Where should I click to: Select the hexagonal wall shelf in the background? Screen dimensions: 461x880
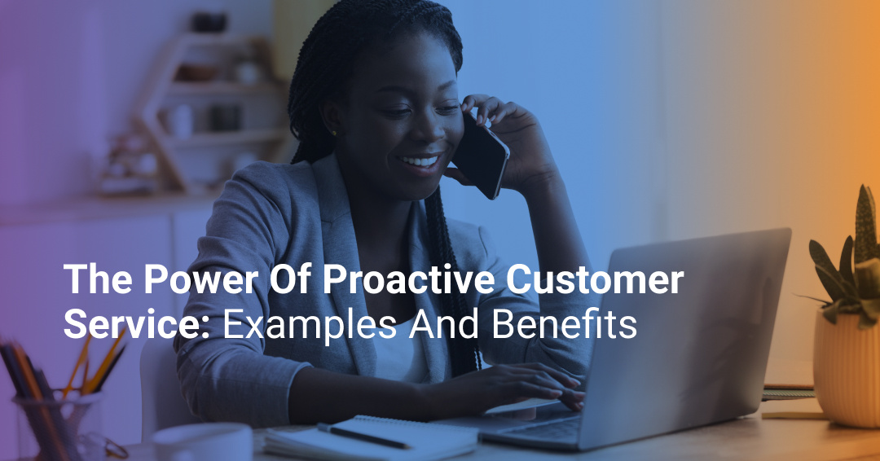pyautogui.click(x=204, y=106)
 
